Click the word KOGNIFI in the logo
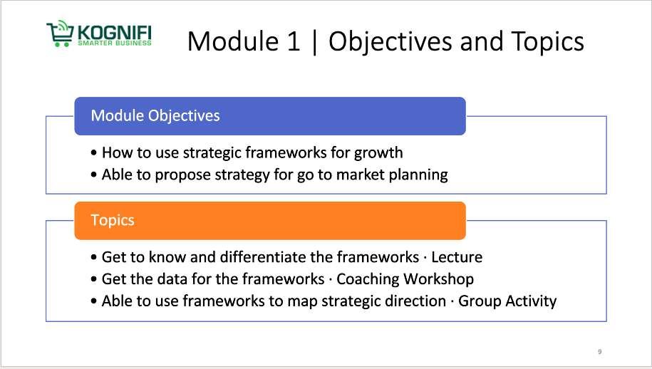tap(114, 33)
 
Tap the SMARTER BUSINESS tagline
tap(115, 43)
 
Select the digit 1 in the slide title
tap(293, 41)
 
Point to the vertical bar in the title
tap(314, 42)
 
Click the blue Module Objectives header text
tap(155, 115)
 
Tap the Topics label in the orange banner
tap(113, 220)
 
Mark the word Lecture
tap(457, 257)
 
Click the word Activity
tap(531, 301)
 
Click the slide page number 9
tap(599, 352)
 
